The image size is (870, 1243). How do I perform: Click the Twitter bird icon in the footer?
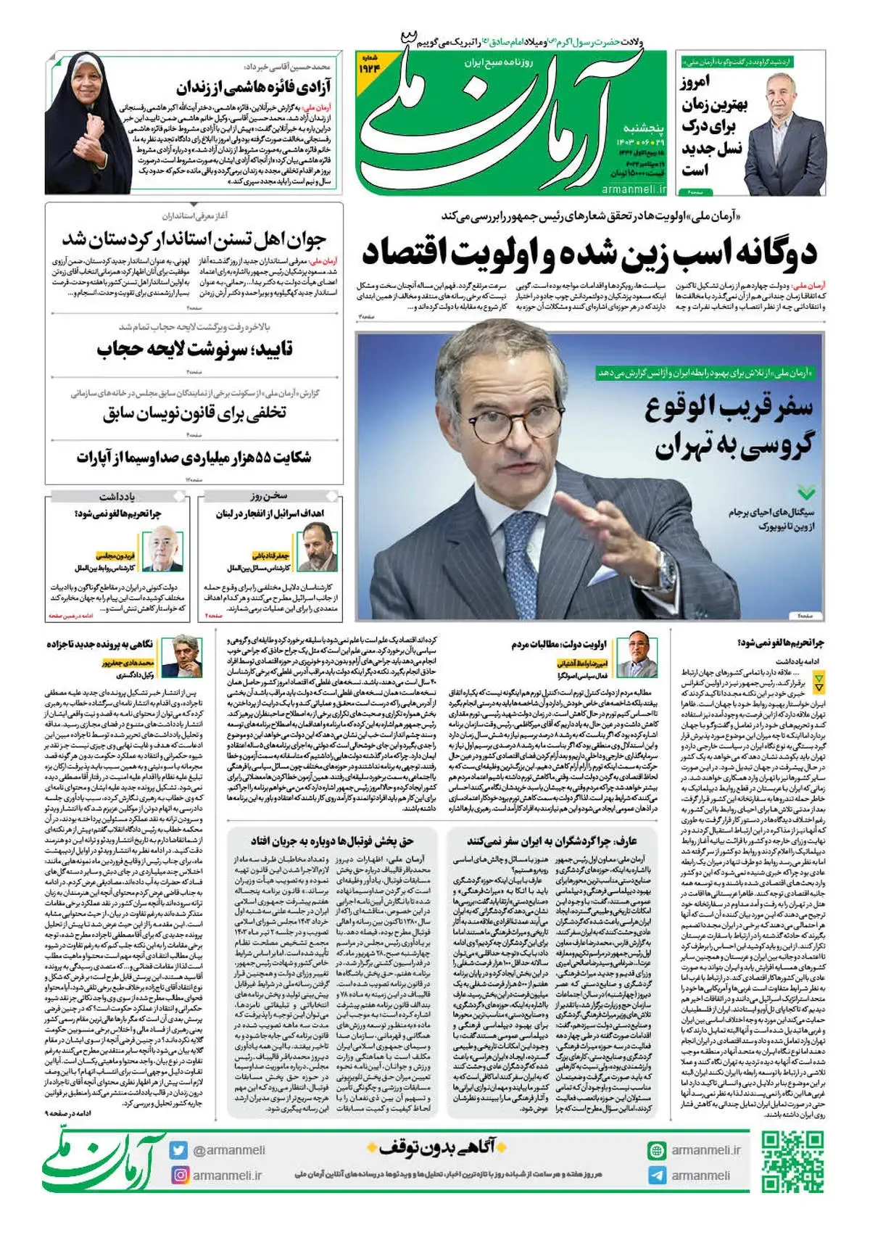click(179, 1150)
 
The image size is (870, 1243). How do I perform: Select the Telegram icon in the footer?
click(657, 1176)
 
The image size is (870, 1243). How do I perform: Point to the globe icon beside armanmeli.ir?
click(657, 1151)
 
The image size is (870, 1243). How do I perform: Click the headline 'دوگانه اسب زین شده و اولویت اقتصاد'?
click(589, 252)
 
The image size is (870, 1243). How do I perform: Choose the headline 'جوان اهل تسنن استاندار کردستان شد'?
click(194, 239)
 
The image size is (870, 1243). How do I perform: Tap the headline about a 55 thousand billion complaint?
click(194, 458)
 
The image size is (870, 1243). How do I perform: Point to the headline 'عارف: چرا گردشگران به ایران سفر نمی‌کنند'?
click(551, 841)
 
